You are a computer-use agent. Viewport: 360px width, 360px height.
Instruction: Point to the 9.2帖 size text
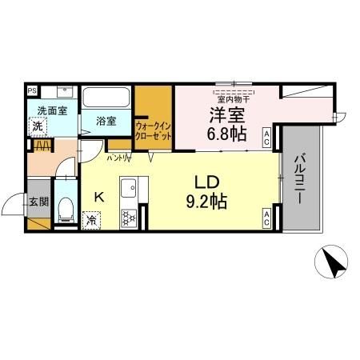pyautogui.click(x=207, y=201)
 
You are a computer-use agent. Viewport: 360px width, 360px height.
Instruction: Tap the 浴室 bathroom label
pyautogui.click(x=106, y=122)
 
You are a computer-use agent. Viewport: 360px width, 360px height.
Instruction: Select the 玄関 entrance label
pyautogui.click(x=38, y=202)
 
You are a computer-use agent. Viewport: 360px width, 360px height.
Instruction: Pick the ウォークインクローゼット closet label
pyautogui.click(x=154, y=130)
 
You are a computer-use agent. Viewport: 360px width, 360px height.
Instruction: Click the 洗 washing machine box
pyautogui.click(x=38, y=126)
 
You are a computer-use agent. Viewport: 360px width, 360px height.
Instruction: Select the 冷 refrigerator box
pyautogui.click(x=92, y=219)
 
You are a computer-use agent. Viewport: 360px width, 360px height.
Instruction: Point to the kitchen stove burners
pyautogui.click(x=127, y=217)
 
